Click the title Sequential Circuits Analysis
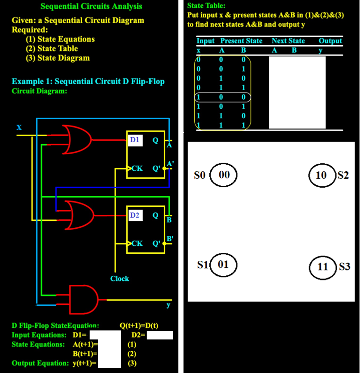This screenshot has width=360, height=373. click(91, 7)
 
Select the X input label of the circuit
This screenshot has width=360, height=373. click(19, 128)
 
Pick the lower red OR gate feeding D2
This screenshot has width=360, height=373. click(76, 215)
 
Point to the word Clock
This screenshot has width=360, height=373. click(120, 278)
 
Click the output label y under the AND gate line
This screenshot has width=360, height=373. click(168, 304)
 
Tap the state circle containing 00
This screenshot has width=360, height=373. click(224, 175)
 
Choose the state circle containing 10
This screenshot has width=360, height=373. click(322, 175)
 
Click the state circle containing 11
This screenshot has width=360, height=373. click(323, 266)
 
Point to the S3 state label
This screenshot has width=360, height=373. click(344, 266)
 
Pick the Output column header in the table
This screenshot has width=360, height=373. click(330, 41)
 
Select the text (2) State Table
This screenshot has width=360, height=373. click(52, 49)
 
